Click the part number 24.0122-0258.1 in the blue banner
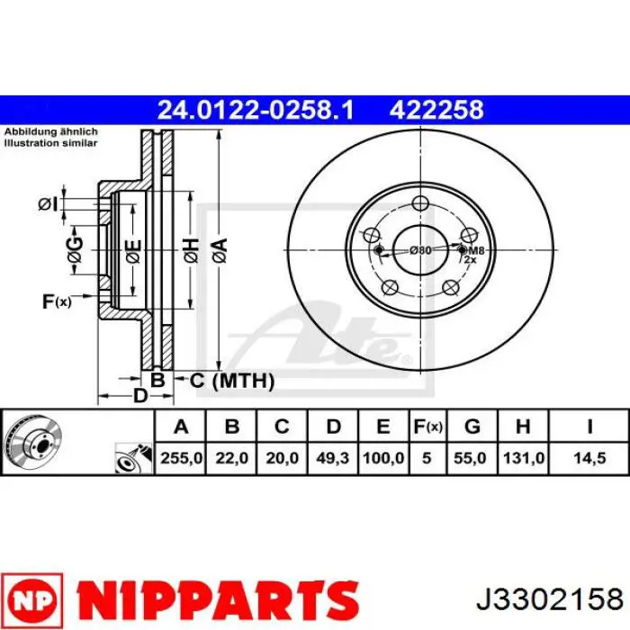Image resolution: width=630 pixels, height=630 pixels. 256,110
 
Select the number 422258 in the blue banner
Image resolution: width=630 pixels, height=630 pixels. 436,110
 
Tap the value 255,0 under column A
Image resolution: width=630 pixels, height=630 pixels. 181,458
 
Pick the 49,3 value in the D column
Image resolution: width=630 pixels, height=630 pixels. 332,458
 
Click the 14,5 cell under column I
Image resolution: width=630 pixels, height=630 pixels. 589,458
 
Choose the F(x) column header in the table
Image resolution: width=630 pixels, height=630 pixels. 427,427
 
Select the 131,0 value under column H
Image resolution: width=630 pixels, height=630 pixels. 524,458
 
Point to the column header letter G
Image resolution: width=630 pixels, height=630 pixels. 472,427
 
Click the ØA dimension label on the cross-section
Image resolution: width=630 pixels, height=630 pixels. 220,251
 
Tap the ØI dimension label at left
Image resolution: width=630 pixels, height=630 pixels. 48,205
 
